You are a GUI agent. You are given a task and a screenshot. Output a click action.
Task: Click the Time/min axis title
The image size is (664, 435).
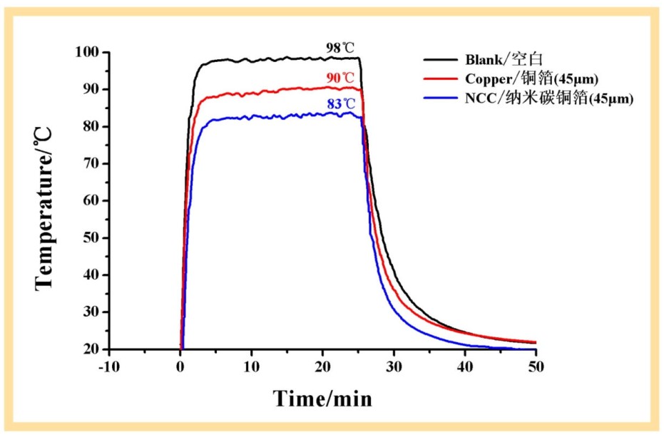click(322, 397)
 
